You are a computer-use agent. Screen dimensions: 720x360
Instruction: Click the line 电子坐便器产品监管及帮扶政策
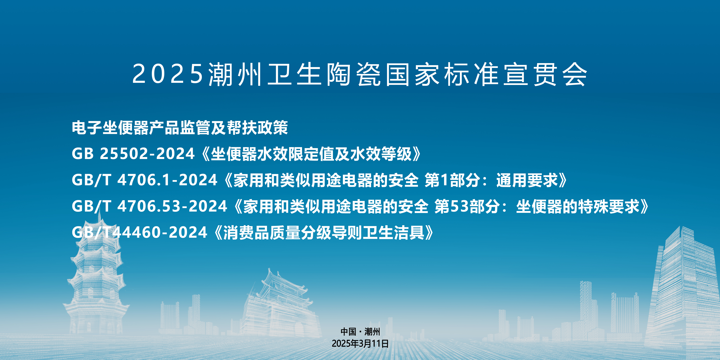point(180,128)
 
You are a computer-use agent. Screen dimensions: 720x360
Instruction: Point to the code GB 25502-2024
point(133,154)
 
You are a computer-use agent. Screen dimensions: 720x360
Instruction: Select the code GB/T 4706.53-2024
point(149,206)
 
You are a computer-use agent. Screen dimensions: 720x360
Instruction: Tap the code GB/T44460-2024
point(139,233)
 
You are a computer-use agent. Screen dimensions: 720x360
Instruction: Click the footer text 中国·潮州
point(360,332)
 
